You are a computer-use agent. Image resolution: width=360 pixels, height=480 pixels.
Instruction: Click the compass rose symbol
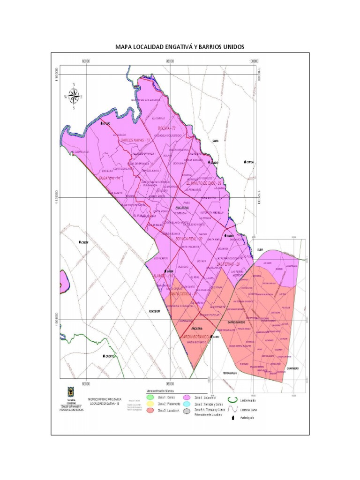[74, 96]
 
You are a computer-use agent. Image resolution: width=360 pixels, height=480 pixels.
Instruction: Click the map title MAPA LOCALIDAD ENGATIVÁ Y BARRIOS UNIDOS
[180, 47]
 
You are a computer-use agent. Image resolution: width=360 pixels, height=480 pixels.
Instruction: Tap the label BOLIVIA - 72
[166, 128]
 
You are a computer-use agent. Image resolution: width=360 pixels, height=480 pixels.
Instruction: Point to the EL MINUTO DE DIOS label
[203, 183]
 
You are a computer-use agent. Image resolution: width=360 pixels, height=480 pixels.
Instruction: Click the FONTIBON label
[155, 311]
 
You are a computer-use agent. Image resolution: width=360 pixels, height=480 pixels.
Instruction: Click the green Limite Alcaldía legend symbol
[232, 399]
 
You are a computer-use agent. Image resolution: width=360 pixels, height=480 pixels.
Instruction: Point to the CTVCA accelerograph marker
[246, 162]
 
